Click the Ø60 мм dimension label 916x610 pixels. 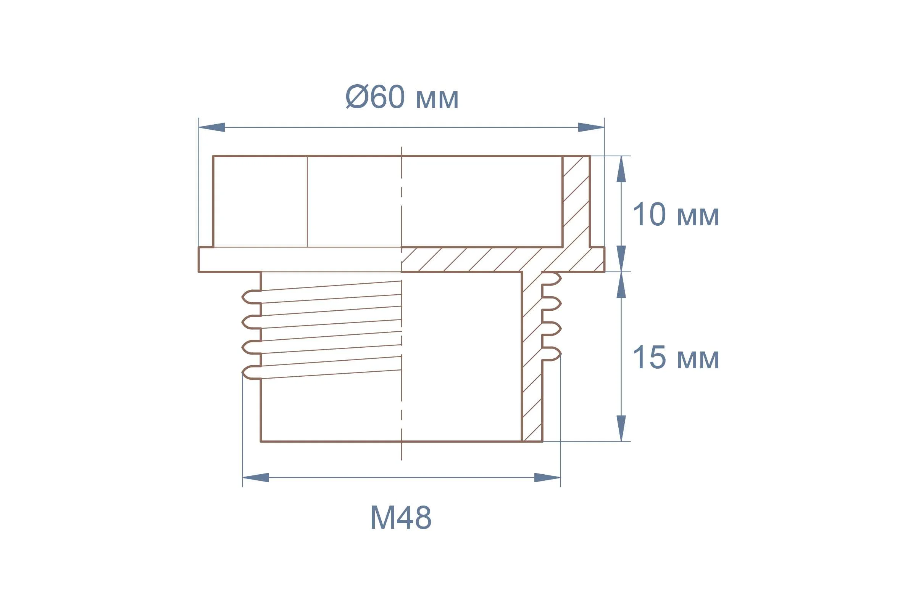coord(402,96)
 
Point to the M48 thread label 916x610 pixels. coord(401,517)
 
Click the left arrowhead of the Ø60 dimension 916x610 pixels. coord(212,127)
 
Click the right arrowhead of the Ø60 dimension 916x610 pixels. coord(591,127)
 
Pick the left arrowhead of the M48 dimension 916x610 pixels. coord(255,477)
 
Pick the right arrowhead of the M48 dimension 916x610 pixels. coord(548,477)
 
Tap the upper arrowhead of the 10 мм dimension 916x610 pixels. coord(621,169)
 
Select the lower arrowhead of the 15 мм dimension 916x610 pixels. coord(621,428)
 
